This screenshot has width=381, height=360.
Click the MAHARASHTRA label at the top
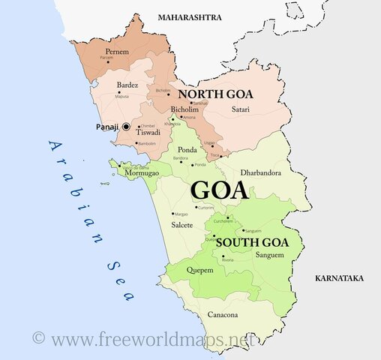click(190, 16)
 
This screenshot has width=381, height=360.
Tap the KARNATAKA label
click(339, 278)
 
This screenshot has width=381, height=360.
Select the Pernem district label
click(118, 51)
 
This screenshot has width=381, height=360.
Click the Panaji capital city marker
click(126, 127)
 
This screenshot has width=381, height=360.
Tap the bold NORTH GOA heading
click(215, 94)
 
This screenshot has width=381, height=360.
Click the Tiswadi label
click(148, 132)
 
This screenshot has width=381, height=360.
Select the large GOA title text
click(220, 189)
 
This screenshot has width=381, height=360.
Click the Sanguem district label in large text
click(269, 255)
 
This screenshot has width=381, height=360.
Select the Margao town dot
click(172, 214)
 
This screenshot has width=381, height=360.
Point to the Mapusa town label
click(122, 96)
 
